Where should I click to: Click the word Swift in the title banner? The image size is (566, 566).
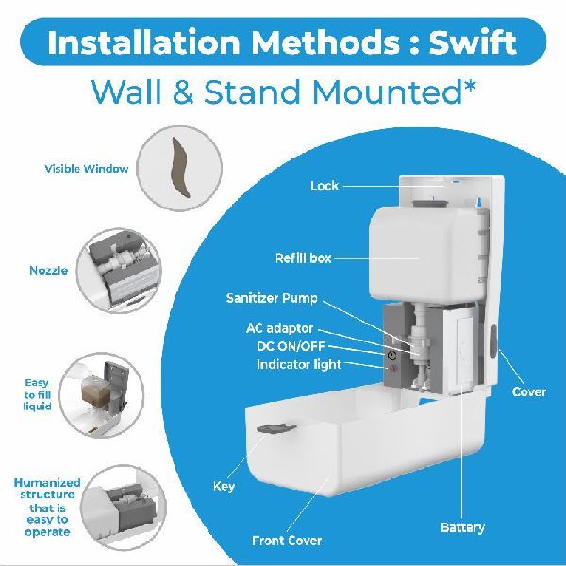473,42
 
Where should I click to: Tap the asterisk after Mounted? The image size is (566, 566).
468,87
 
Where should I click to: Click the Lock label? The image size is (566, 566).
325,186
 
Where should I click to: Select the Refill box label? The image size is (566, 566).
303,258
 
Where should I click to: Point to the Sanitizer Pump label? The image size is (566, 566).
272,298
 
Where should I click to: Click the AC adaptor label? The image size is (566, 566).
280,328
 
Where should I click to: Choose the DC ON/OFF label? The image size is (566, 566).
291,346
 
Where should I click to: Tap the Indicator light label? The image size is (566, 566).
298,364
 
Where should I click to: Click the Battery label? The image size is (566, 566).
462,527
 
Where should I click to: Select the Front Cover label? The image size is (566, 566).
287,541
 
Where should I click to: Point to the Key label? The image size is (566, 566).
224,486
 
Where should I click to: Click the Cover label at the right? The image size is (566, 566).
529,392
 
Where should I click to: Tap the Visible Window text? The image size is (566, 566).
86,169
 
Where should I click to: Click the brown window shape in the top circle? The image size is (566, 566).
180,167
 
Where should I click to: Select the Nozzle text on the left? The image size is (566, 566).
48,271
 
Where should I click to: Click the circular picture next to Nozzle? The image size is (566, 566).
119,271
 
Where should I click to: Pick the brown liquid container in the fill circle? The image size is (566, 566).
93,391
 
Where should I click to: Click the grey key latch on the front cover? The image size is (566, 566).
276,428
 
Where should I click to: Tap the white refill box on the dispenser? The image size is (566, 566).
426,256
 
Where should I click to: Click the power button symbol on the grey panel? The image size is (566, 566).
392,356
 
